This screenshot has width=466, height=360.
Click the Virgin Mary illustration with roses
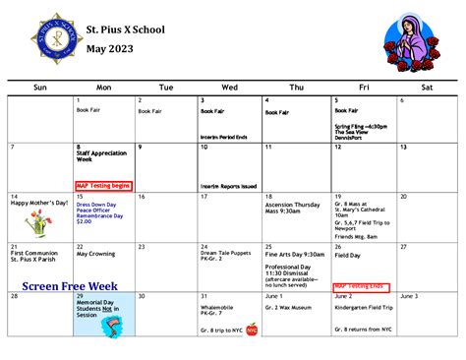pyautogui.click(x=408, y=42)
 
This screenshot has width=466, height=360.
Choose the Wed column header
pyautogui.click(x=230, y=88)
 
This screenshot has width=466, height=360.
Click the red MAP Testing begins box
pyautogui.click(x=103, y=185)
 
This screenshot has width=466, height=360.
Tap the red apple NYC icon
pyautogui.click(x=252, y=330)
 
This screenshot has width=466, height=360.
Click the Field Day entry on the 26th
pyautogui.click(x=349, y=256)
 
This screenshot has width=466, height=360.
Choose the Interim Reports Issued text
pyautogui.click(x=229, y=185)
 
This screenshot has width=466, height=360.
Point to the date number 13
pyautogui.click(x=402, y=148)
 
